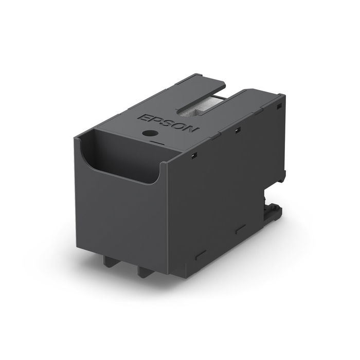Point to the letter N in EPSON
pyautogui.click(x=189, y=131)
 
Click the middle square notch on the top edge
pyautogui.click(x=237, y=130)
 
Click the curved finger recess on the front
pyautogui.click(x=123, y=162)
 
